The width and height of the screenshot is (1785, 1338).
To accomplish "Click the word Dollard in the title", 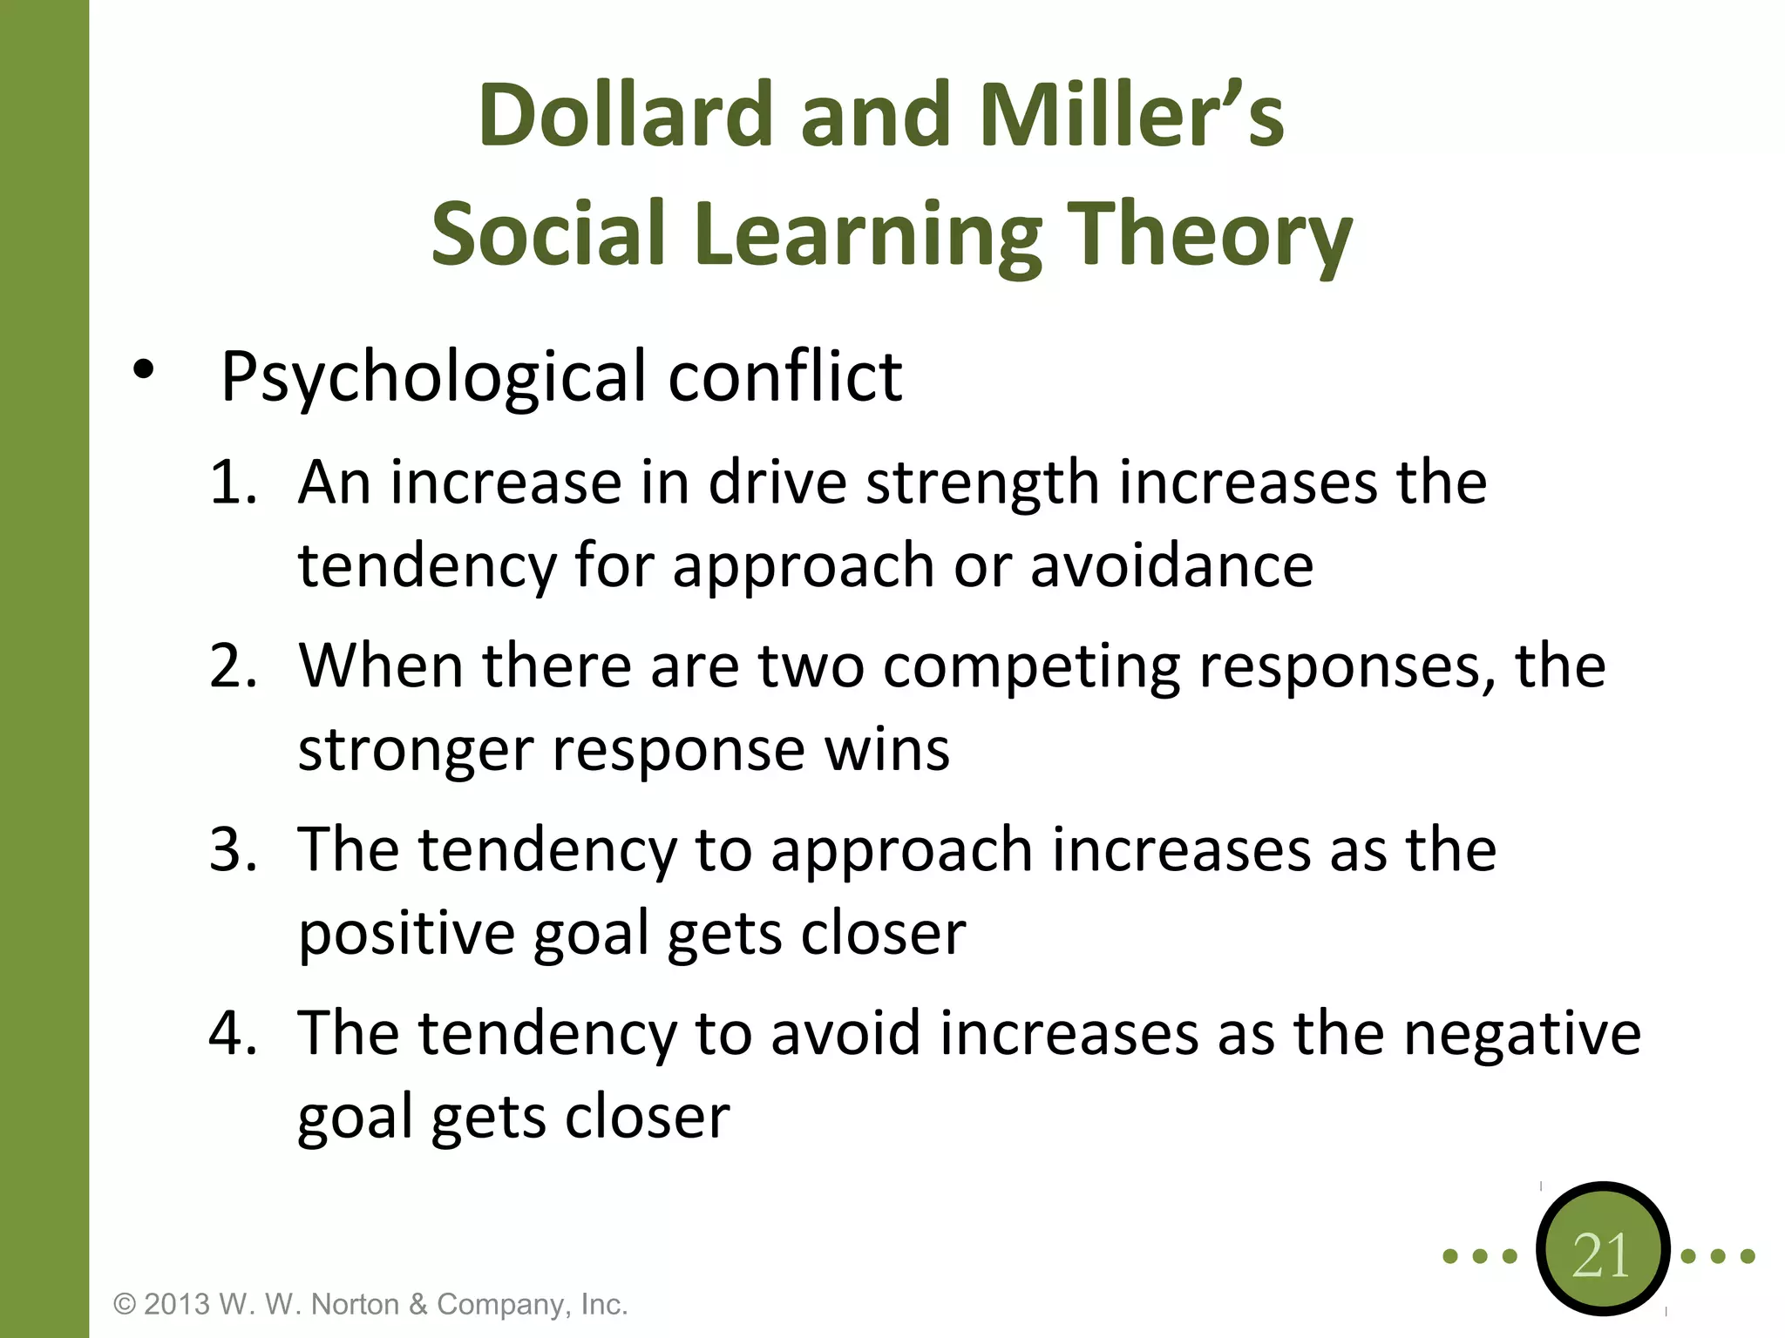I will click(625, 115).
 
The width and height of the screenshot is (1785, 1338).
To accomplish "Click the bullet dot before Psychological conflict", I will click(143, 371).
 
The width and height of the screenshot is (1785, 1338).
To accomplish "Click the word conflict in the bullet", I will click(784, 376).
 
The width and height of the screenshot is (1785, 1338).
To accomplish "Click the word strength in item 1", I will click(981, 483).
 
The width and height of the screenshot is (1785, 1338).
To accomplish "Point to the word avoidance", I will click(1171, 565).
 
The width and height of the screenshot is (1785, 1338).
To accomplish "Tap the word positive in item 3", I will click(406, 934).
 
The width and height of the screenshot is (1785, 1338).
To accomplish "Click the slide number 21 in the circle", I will click(1601, 1255).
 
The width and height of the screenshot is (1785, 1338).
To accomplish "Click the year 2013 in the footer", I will click(177, 1304).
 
